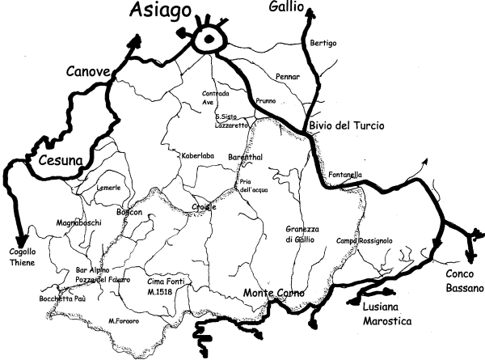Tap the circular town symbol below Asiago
pos(211,39)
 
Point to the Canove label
pos(88,73)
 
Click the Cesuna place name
pos(61,161)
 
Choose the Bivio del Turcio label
pos(345,125)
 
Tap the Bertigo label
pos(323,43)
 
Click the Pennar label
pos(288,77)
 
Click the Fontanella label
pos(346,176)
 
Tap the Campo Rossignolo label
pos(365,240)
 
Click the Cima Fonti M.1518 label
pos(167,286)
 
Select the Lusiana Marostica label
pos(383,315)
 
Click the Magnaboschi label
pos(78,222)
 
